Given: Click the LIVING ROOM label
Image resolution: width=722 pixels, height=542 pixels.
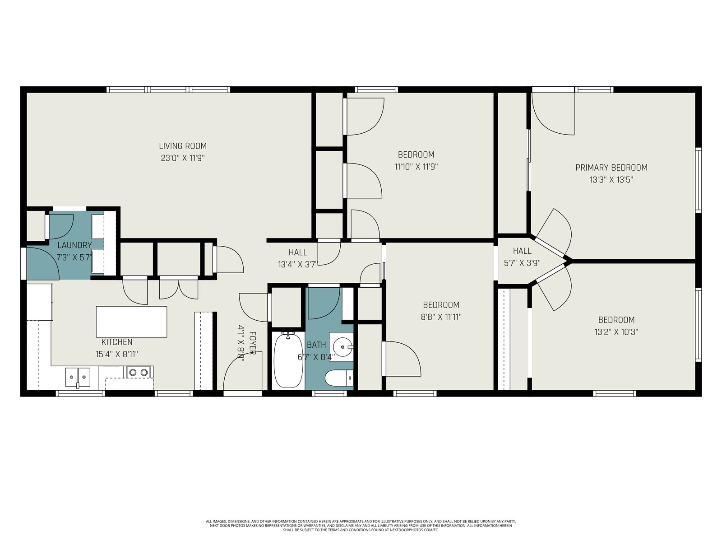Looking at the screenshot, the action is click(x=183, y=146).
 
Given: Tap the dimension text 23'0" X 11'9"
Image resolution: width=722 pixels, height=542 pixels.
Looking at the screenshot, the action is click(x=183, y=158).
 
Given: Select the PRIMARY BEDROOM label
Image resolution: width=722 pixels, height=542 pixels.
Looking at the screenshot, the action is click(x=611, y=168).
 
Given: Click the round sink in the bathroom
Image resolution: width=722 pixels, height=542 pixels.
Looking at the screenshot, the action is click(x=342, y=347).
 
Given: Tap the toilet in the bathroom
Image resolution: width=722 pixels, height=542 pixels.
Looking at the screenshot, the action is click(x=339, y=378).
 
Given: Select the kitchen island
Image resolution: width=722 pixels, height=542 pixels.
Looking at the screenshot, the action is click(x=131, y=322).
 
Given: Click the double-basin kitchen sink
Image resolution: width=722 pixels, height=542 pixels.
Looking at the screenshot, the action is click(x=78, y=377).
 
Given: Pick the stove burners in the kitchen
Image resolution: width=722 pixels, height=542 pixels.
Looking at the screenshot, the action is click(x=139, y=372).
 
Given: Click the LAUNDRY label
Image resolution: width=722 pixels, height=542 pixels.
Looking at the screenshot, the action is click(x=74, y=245).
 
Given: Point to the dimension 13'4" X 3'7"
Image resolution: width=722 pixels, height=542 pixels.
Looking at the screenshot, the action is click(x=298, y=265).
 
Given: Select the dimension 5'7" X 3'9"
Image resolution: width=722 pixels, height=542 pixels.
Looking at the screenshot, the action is click(x=523, y=263).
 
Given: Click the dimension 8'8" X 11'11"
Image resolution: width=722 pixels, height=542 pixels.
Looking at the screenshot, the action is click(x=441, y=317).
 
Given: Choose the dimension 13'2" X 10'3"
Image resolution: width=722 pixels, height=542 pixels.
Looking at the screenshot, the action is click(x=616, y=332).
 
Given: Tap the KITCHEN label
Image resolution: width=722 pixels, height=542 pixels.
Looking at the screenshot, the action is click(x=117, y=342).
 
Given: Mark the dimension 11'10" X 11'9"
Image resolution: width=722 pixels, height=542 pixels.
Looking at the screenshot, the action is click(x=416, y=167).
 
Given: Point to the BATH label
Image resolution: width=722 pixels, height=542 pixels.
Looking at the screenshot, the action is click(x=316, y=345).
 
